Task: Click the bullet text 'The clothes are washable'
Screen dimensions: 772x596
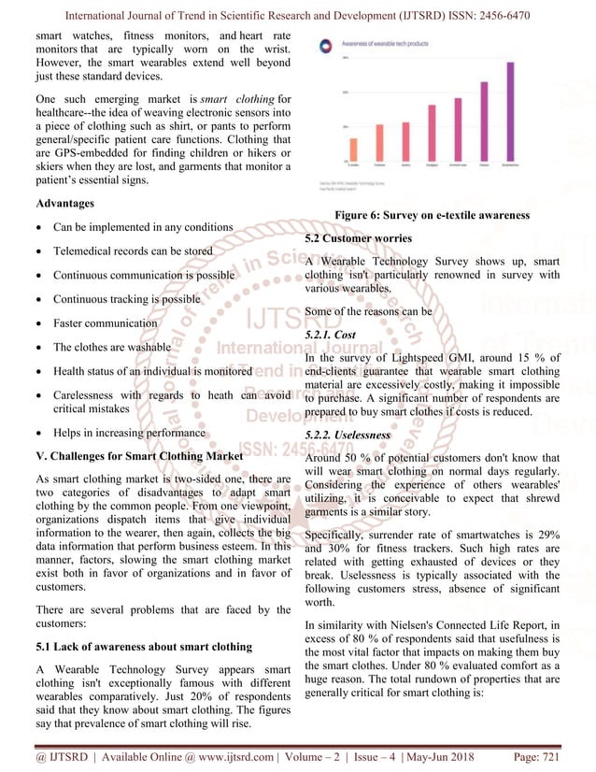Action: click(x=112, y=347)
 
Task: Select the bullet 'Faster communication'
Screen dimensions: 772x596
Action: click(x=105, y=323)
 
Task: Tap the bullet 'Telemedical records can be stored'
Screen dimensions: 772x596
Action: click(x=133, y=251)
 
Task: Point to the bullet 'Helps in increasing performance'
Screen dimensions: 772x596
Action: click(x=129, y=433)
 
